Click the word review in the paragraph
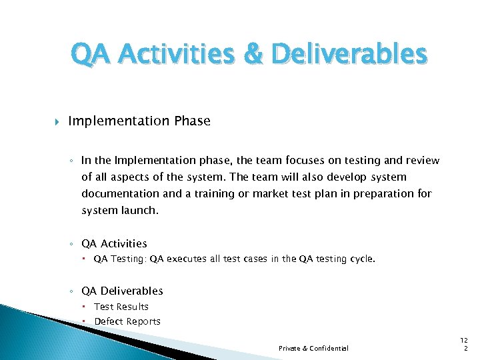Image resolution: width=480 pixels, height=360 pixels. pos(421,160)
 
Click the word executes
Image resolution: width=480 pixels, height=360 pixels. pos(186,259)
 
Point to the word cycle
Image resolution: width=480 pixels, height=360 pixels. pos(362,259)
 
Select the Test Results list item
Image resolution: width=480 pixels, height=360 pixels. pos(121,307)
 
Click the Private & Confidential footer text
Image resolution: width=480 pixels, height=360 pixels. pos(313,348)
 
